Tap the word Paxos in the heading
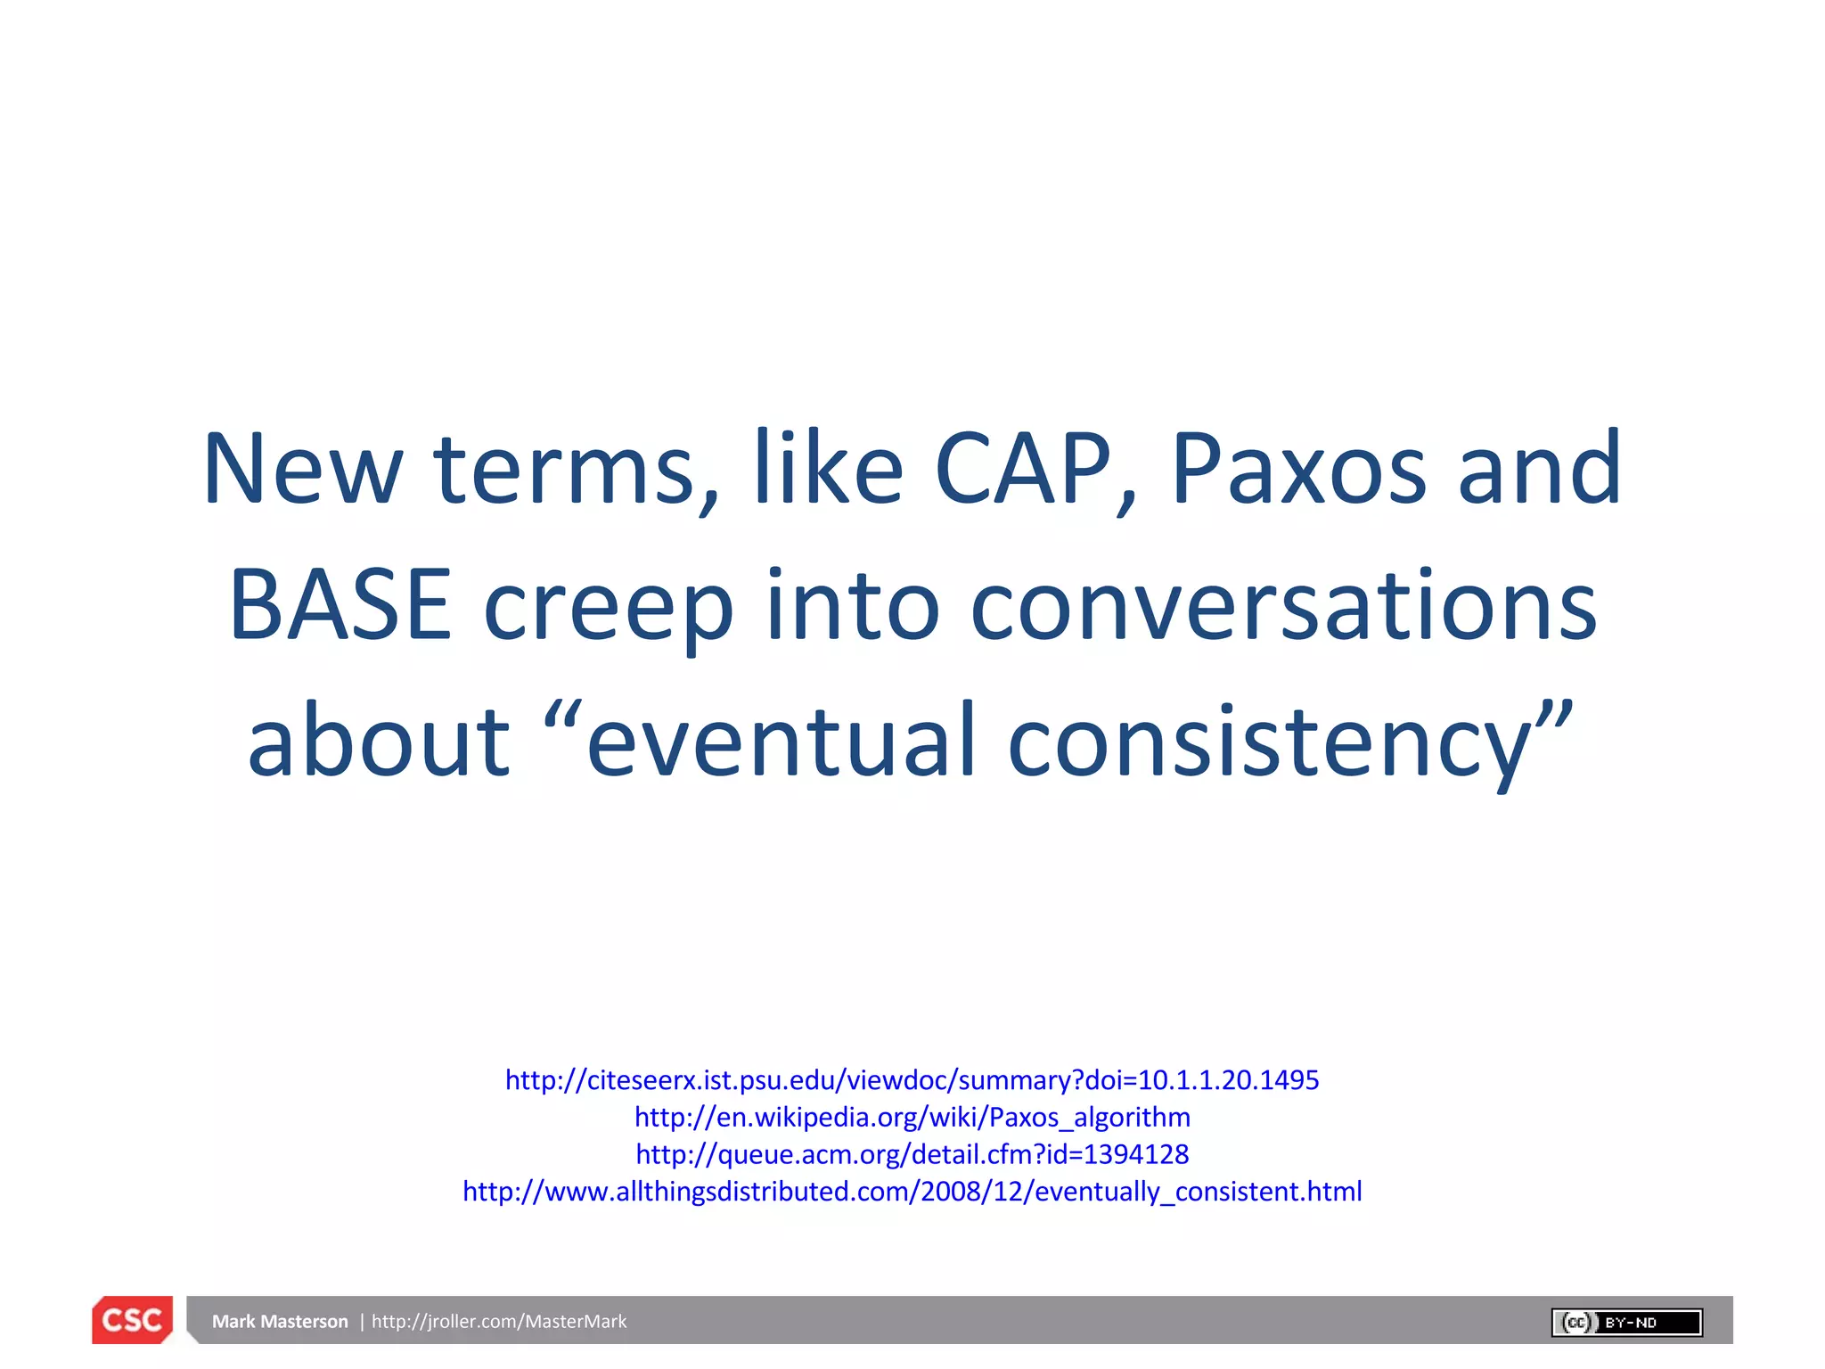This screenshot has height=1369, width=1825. (x=1298, y=470)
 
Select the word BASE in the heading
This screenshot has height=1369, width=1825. (x=340, y=606)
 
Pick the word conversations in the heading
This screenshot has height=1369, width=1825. (x=1283, y=606)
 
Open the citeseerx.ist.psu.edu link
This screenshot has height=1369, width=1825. (x=912, y=1080)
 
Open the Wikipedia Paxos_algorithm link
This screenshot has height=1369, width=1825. (x=912, y=1118)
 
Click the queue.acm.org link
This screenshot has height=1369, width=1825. (x=912, y=1155)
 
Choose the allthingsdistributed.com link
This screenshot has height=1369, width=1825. (x=912, y=1193)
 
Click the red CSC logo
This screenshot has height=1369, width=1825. (x=132, y=1320)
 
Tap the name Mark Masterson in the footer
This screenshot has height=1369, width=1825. (x=280, y=1322)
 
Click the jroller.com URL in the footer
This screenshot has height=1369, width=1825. (x=499, y=1322)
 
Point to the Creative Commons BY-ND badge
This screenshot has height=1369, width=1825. (x=1626, y=1323)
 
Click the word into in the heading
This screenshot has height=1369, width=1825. (x=853, y=606)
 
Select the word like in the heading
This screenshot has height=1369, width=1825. (x=829, y=470)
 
